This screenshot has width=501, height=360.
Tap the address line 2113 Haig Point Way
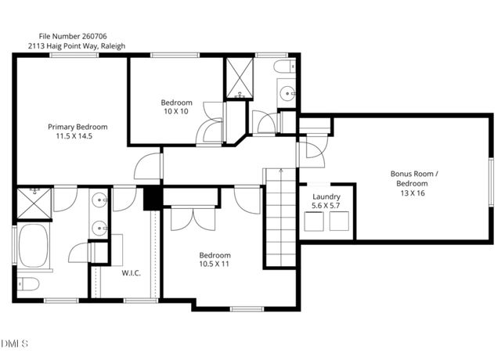(76, 46)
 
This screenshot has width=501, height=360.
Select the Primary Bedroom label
(77, 127)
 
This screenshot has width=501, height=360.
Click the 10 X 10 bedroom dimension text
(176, 112)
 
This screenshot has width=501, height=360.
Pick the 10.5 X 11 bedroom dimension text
(214, 265)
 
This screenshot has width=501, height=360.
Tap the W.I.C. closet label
(130, 273)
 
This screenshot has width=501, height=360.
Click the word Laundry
(326, 196)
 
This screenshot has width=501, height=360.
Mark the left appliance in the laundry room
(314, 223)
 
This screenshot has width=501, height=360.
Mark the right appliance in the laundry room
(341, 223)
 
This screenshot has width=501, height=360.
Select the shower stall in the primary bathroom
(34, 202)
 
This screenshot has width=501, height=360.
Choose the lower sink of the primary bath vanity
(99, 229)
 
